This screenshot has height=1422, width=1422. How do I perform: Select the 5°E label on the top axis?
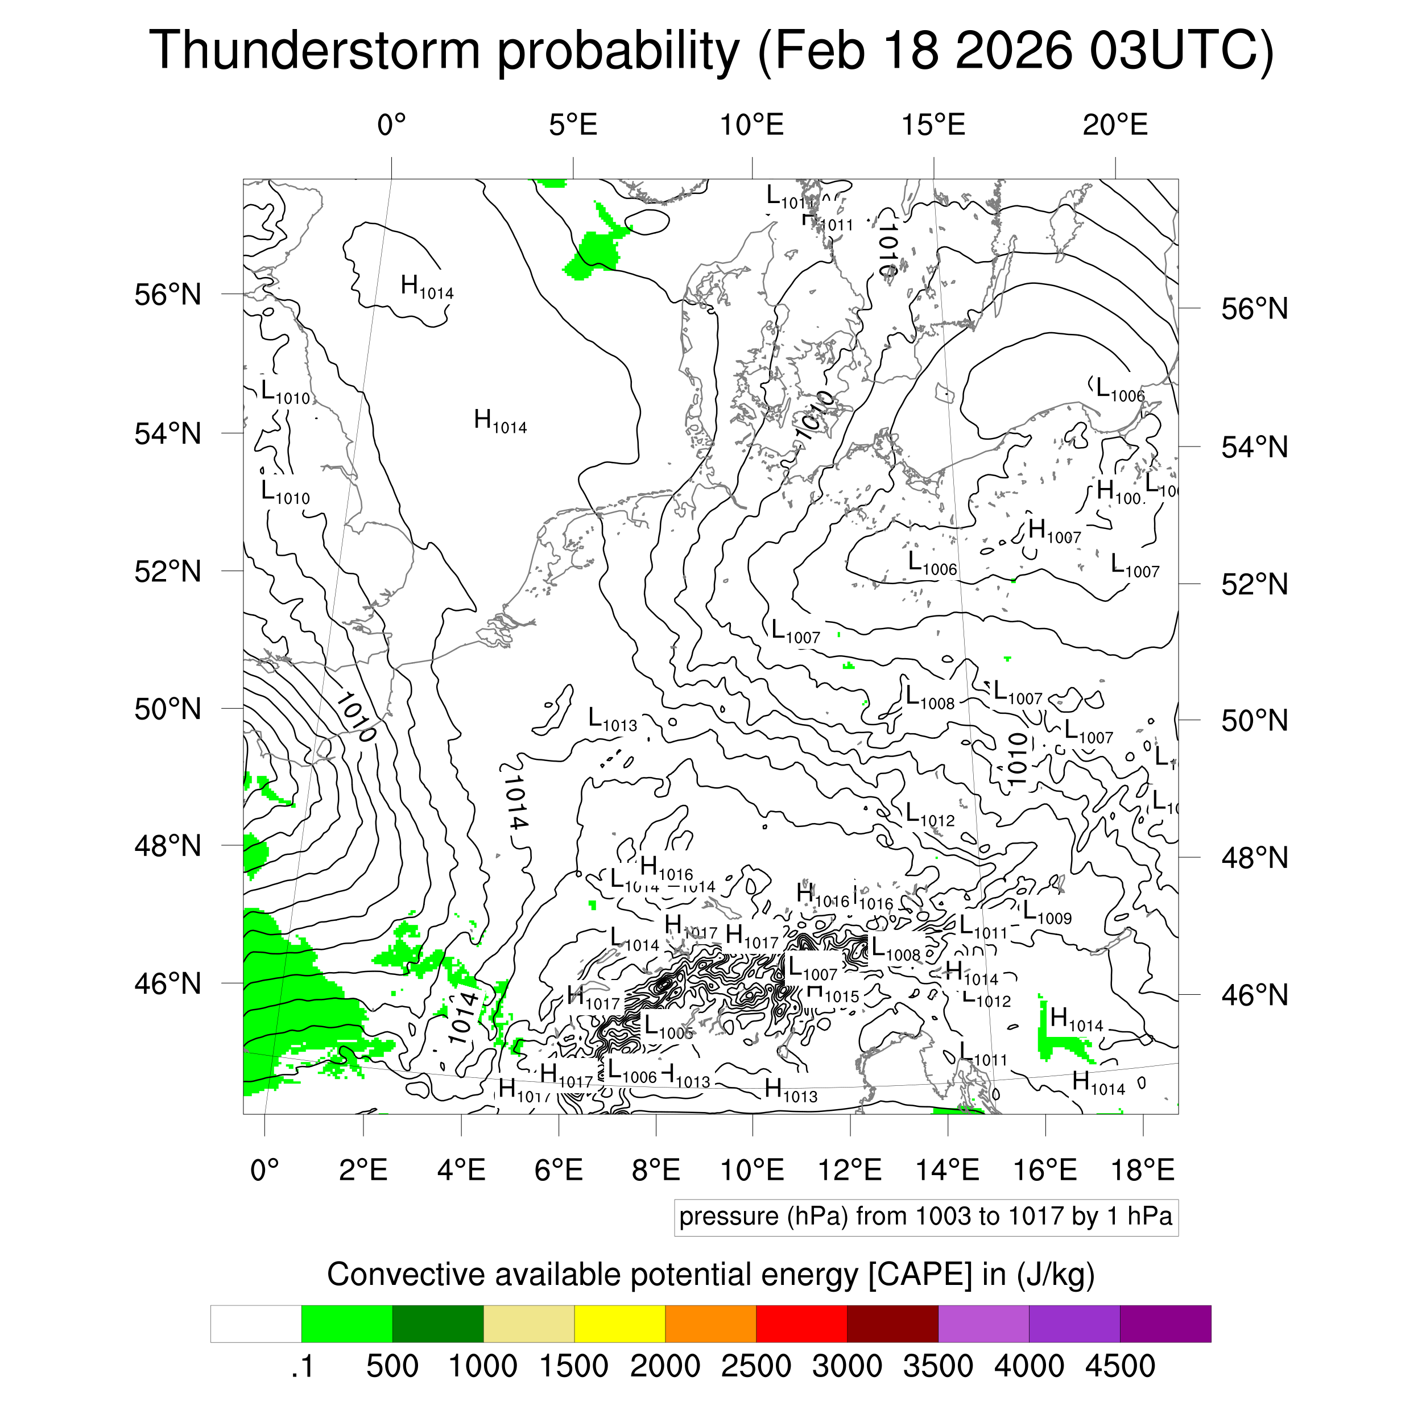[573, 125]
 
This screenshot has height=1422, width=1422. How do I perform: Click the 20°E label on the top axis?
[1114, 125]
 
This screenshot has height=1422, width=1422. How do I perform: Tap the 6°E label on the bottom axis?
[559, 1169]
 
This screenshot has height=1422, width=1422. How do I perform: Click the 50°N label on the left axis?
[168, 709]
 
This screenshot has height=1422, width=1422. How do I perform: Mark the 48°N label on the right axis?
[1254, 858]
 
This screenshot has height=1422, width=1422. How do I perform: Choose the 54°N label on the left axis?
[168, 434]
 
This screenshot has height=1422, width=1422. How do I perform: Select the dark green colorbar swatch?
[437, 1324]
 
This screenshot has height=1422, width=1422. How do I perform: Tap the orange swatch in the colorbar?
[710, 1324]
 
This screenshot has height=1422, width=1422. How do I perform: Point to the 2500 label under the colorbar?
[755, 1366]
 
